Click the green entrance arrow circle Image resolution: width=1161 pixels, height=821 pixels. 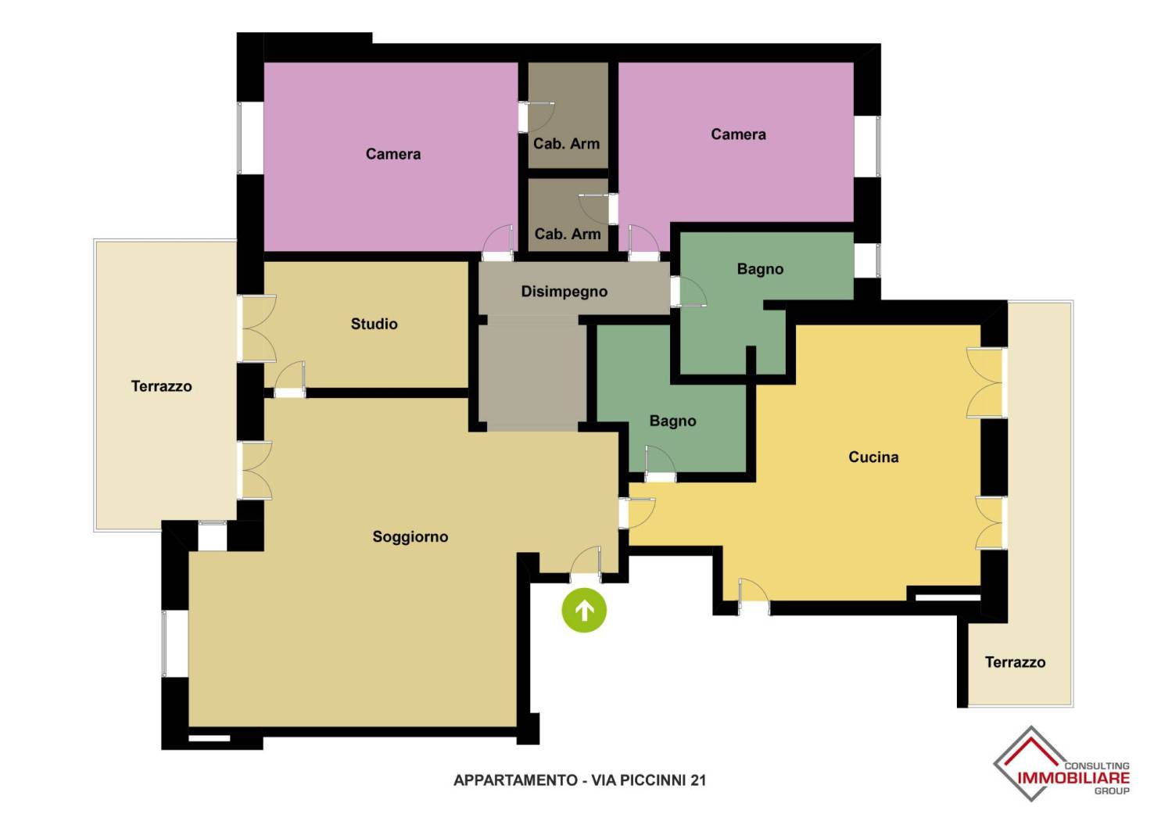tap(584, 610)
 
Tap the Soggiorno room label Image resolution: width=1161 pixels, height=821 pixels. tap(410, 536)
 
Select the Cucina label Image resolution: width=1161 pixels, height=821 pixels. tap(873, 457)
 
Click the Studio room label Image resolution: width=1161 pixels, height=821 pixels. tap(374, 324)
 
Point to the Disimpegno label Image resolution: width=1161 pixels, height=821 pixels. tap(564, 292)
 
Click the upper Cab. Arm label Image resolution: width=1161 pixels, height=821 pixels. tap(567, 144)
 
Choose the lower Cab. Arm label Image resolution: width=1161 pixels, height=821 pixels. tap(568, 234)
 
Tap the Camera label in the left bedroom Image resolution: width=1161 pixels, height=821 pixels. tap(393, 154)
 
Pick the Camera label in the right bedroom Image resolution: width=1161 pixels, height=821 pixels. tap(738, 134)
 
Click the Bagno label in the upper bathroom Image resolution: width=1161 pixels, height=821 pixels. tap(760, 269)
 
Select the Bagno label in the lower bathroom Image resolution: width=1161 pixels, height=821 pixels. tap(672, 421)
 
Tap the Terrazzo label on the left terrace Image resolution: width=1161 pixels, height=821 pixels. tap(161, 386)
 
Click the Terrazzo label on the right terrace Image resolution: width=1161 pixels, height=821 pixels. tap(1015, 661)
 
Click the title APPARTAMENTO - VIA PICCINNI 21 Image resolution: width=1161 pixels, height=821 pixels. tap(579, 780)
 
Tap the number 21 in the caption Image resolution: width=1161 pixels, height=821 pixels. tap(697, 780)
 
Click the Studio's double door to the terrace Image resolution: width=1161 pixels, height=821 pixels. tap(257, 328)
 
